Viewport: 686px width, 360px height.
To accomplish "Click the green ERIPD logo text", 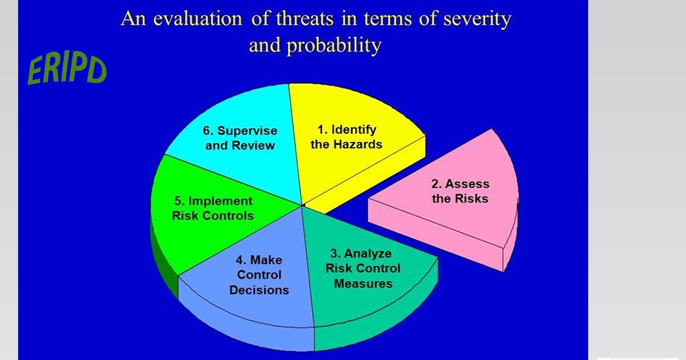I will (66, 70).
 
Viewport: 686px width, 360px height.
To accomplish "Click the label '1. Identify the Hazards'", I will (346, 137).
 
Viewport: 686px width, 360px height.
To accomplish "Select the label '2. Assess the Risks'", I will (460, 191).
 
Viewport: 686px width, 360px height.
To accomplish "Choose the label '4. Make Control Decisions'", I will (259, 275).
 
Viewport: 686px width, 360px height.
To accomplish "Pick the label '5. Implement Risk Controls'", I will (212, 208).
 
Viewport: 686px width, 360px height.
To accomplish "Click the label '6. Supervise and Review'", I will (241, 138).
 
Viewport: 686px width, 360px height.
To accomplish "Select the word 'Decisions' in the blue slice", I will (259, 290).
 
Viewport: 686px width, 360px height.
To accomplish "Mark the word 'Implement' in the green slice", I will (220, 201).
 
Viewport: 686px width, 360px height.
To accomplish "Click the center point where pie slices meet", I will (303, 204).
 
